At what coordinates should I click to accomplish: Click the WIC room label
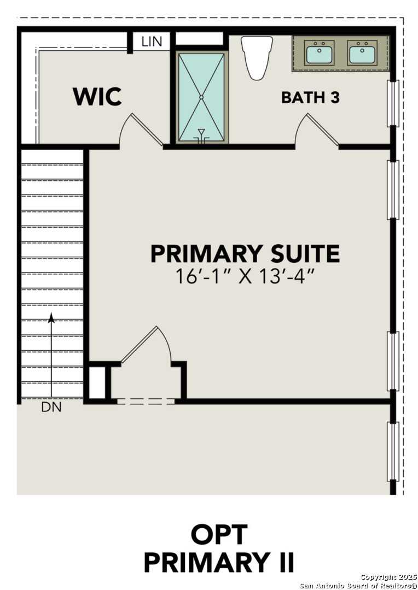tap(97, 97)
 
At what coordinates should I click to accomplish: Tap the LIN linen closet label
tap(152, 42)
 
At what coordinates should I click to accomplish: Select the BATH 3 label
tap(310, 98)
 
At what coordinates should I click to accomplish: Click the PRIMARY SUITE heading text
tap(245, 254)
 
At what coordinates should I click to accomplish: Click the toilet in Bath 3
tap(257, 56)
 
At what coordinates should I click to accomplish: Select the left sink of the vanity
tap(319, 54)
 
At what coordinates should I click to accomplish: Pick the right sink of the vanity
tap(362, 54)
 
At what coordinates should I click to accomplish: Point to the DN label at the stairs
tap(51, 408)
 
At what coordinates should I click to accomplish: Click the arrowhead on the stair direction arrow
tap(51, 317)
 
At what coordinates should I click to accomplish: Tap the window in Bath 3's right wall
tap(392, 103)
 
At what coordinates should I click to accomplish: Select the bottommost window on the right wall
tap(392, 451)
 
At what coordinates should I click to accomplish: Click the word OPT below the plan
tap(219, 534)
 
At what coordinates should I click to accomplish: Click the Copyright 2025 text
tap(388, 577)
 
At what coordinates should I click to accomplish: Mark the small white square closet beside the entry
tap(97, 382)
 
